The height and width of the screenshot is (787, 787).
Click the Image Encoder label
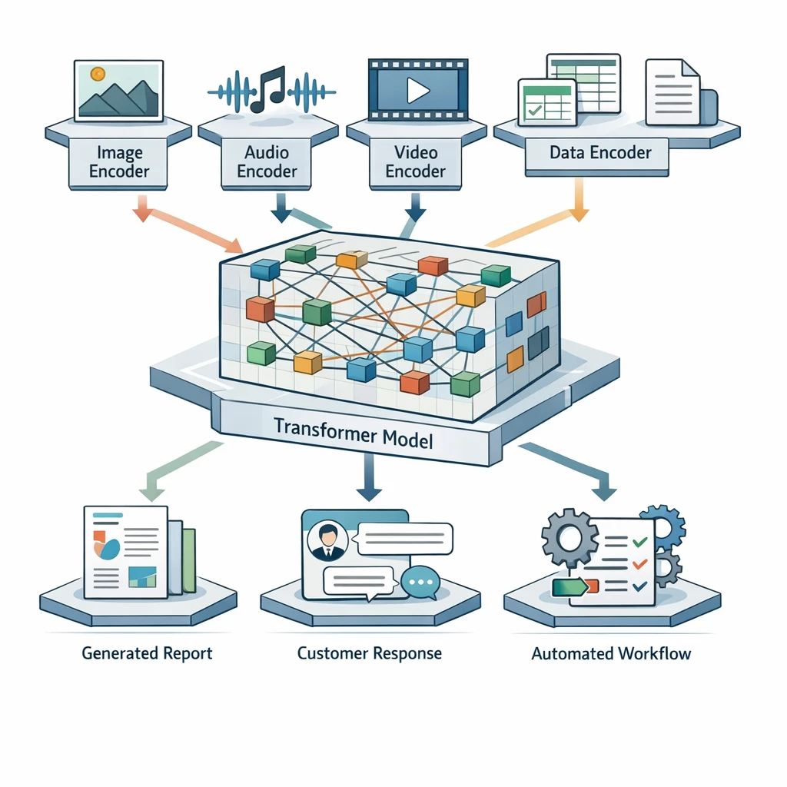click(118, 161)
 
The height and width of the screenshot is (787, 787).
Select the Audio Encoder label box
click(267, 161)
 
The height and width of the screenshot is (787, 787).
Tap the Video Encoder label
click(415, 161)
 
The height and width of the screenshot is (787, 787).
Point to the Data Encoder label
click(600, 152)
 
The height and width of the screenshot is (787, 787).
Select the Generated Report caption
click(147, 654)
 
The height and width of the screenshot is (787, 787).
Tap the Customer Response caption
click(370, 654)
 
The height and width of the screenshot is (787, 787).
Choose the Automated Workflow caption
click(611, 654)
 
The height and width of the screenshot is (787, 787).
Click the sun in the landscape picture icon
click(98, 75)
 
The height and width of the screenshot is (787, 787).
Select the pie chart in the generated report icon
click(107, 546)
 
